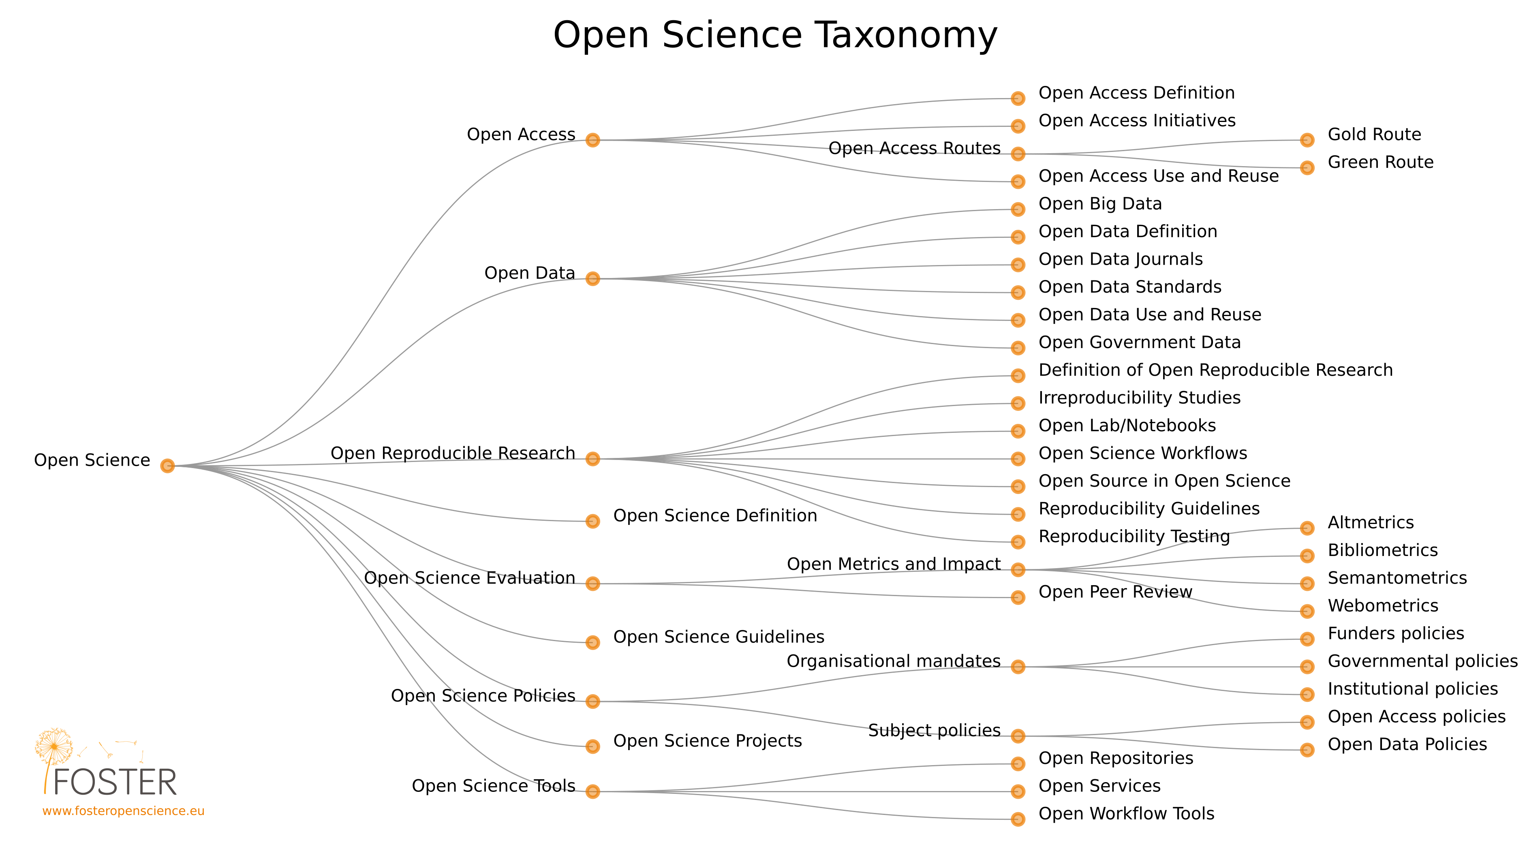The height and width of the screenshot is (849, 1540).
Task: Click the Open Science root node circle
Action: [167, 466]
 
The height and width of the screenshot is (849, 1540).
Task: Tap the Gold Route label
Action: [1374, 135]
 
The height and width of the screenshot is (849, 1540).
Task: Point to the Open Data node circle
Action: [592, 279]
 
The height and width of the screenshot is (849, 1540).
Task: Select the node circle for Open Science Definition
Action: [592, 522]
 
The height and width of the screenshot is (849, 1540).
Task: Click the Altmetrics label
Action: [1370, 522]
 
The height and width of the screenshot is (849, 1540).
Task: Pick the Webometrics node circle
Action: [1307, 611]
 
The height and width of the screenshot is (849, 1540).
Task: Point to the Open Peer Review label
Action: [1115, 592]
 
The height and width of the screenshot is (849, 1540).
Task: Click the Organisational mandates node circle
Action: [1018, 667]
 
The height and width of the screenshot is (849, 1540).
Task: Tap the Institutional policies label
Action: [1412, 689]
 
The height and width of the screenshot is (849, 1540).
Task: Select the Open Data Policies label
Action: [1407, 744]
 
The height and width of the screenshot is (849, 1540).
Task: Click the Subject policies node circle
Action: [1018, 736]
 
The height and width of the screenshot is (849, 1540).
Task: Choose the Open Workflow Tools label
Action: [1126, 814]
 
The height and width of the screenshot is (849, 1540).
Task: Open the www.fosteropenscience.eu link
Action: [123, 811]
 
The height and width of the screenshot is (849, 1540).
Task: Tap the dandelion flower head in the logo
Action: [54, 746]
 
